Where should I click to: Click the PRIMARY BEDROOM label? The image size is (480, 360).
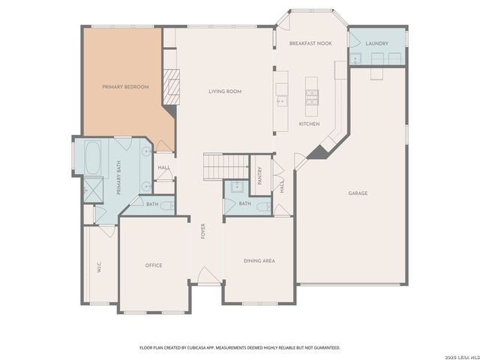pyautogui.click(x=125, y=87)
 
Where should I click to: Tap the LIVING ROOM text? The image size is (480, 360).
pyautogui.click(x=224, y=91)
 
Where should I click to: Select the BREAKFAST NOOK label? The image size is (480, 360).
pyautogui.click(x=310, y=43)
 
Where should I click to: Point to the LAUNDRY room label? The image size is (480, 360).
pyautogui.click(x=376, y=43)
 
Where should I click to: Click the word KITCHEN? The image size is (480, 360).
pyautogui.click(x=310, y=124)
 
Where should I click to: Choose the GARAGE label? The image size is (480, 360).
pyautogui.click(x=358, y=193)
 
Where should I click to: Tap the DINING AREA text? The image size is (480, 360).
pyautogui.click(x=259, y=261)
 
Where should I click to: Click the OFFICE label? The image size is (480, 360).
pyautogui.click(x=154, y=265)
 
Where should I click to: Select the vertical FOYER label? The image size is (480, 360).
pyautogui.click(x=202, y=232)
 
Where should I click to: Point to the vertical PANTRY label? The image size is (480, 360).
pyautogui.click(x=259, y=175)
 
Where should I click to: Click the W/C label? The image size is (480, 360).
pyautogui.click(x=99, y=266)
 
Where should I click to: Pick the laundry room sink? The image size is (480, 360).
pyautogui.click(x=355, y=59)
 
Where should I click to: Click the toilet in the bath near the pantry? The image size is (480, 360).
pyautogui.click(x=259, y=205)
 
